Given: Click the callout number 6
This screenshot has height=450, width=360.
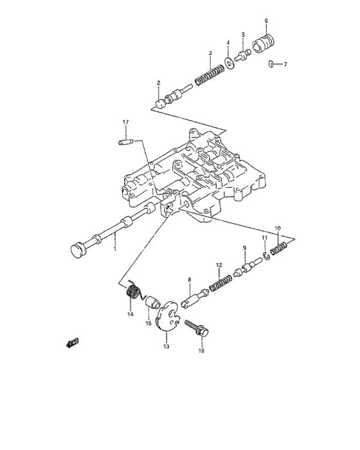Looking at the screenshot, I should pos(265,21).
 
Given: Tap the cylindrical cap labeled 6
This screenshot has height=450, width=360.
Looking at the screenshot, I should pos(262,46).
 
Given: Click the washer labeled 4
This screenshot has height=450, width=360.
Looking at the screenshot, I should pos(228,63).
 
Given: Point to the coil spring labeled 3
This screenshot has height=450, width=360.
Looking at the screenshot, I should pos(209,74).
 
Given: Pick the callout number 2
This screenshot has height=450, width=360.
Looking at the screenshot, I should pos(158,83).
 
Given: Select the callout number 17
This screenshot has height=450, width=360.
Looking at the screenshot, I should pos(126,122).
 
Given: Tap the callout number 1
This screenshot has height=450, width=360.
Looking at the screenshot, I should pos(114,248).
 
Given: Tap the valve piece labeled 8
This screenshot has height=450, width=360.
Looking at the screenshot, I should pos(194,298).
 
